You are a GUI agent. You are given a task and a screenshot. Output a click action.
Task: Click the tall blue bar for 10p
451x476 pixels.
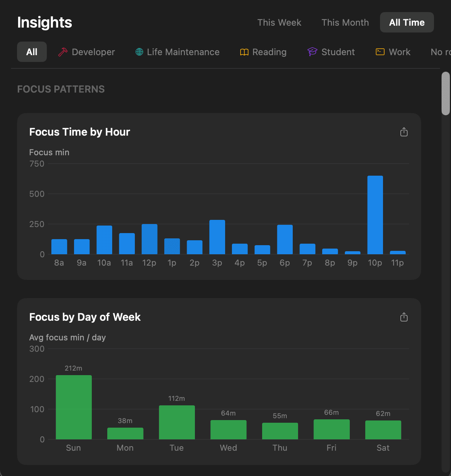(375, 215)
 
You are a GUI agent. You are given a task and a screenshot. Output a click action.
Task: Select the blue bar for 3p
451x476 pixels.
(217, 237)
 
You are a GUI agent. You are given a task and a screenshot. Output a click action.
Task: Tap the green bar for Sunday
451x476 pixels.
(74, 407)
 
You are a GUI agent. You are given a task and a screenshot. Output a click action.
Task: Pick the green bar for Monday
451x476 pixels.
(125, 433)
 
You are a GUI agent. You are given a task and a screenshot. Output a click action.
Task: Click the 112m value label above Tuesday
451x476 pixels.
(176, 399)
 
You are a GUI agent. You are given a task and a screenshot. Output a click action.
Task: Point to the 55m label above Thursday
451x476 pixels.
(280, 416)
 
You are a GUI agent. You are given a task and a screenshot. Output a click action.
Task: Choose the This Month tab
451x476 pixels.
(345, 23)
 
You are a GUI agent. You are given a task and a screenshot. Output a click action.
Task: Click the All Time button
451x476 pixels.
(407, 23)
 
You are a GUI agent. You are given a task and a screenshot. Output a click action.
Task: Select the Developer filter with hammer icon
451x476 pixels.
(86, 52)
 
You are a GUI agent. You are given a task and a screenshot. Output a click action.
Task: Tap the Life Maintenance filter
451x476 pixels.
(178, 52)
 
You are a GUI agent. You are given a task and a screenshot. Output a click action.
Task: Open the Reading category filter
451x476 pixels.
(263, 52)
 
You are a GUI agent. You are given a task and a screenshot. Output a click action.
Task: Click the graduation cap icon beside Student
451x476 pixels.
(312, 52)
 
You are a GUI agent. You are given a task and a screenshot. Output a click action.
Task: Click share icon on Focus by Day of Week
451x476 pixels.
(404, 317)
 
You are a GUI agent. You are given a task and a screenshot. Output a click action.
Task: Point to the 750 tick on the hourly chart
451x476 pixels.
(37, 164)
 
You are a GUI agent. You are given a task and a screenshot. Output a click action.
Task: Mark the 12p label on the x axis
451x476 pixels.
(149, 263)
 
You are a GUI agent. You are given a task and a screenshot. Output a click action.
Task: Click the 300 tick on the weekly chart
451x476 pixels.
(37, 349)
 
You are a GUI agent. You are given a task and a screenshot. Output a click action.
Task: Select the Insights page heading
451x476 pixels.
(45, 23)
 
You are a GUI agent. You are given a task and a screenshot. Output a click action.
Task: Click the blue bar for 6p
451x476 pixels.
(285, 240)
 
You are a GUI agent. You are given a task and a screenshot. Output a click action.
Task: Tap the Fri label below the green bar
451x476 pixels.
(331, 448)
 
